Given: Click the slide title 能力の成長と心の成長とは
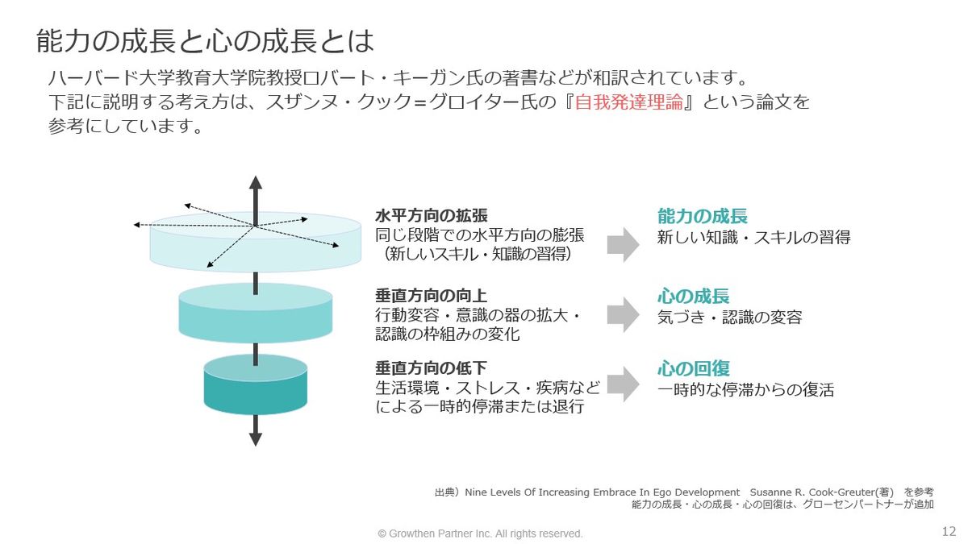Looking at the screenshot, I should pos(206,39).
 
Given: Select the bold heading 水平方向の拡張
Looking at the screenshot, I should pos(432,216).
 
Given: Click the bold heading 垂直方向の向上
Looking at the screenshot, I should pos(432,296).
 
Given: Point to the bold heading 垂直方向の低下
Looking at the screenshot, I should pos(432,368).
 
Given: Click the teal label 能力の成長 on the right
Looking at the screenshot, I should pos(703,216).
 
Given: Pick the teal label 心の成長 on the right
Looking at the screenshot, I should pos(694,296).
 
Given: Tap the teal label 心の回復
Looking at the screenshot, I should pos(694,368).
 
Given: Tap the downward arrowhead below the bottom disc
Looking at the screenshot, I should pos(256,439).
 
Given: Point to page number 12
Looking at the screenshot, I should pos(949,532).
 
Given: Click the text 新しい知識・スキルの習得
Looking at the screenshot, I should pos(753,238).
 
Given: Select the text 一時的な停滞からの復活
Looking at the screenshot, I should pos(745,390).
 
